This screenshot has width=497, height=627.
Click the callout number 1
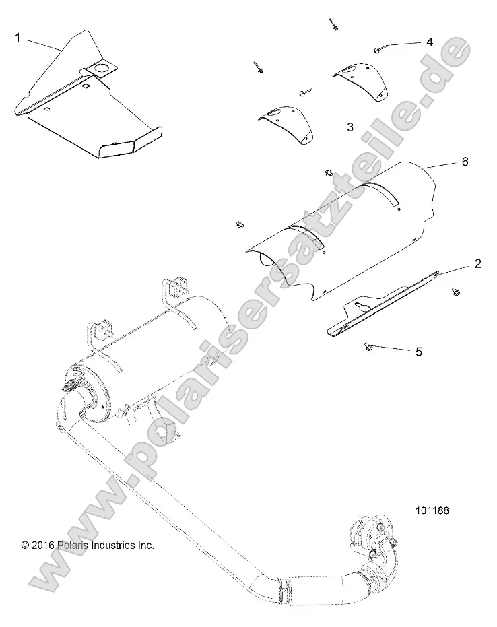pyautogui.click(x=18, y=38)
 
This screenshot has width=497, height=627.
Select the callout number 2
pyautogui.click(x=477, y=263)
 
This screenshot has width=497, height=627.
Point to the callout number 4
pyautogui.click(x=429, y=42)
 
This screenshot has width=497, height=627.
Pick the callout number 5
pyautogui.click(x=418, y=351)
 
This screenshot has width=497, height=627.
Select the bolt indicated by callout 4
pyautogui.click(x=379, y=48)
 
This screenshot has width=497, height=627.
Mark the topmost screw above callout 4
pyautogui.click(x=334, y=26)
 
